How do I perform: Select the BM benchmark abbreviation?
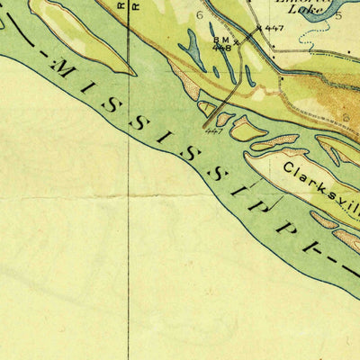[x=220, y=40]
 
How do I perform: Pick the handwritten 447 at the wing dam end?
[x=213, y=130]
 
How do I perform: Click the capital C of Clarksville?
[x=291, y=166]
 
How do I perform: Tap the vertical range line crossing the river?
[x=128, y=180]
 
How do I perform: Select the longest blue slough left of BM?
[x=192, y=49]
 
